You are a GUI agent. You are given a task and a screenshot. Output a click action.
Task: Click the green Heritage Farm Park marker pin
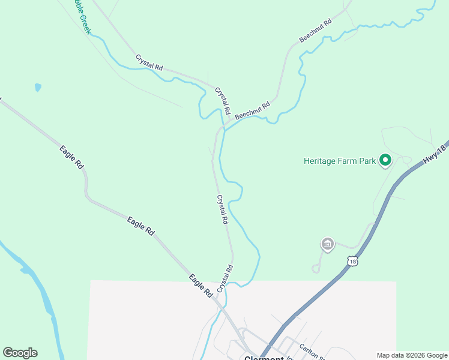coord(385,160)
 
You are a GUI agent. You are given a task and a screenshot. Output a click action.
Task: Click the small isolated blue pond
coord(38,88)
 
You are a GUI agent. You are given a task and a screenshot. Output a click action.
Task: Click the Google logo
coord(20,353)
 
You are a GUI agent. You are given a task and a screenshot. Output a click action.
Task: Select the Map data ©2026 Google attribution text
coord(412,355)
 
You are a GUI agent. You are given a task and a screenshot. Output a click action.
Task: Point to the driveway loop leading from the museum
coord(316,269)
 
